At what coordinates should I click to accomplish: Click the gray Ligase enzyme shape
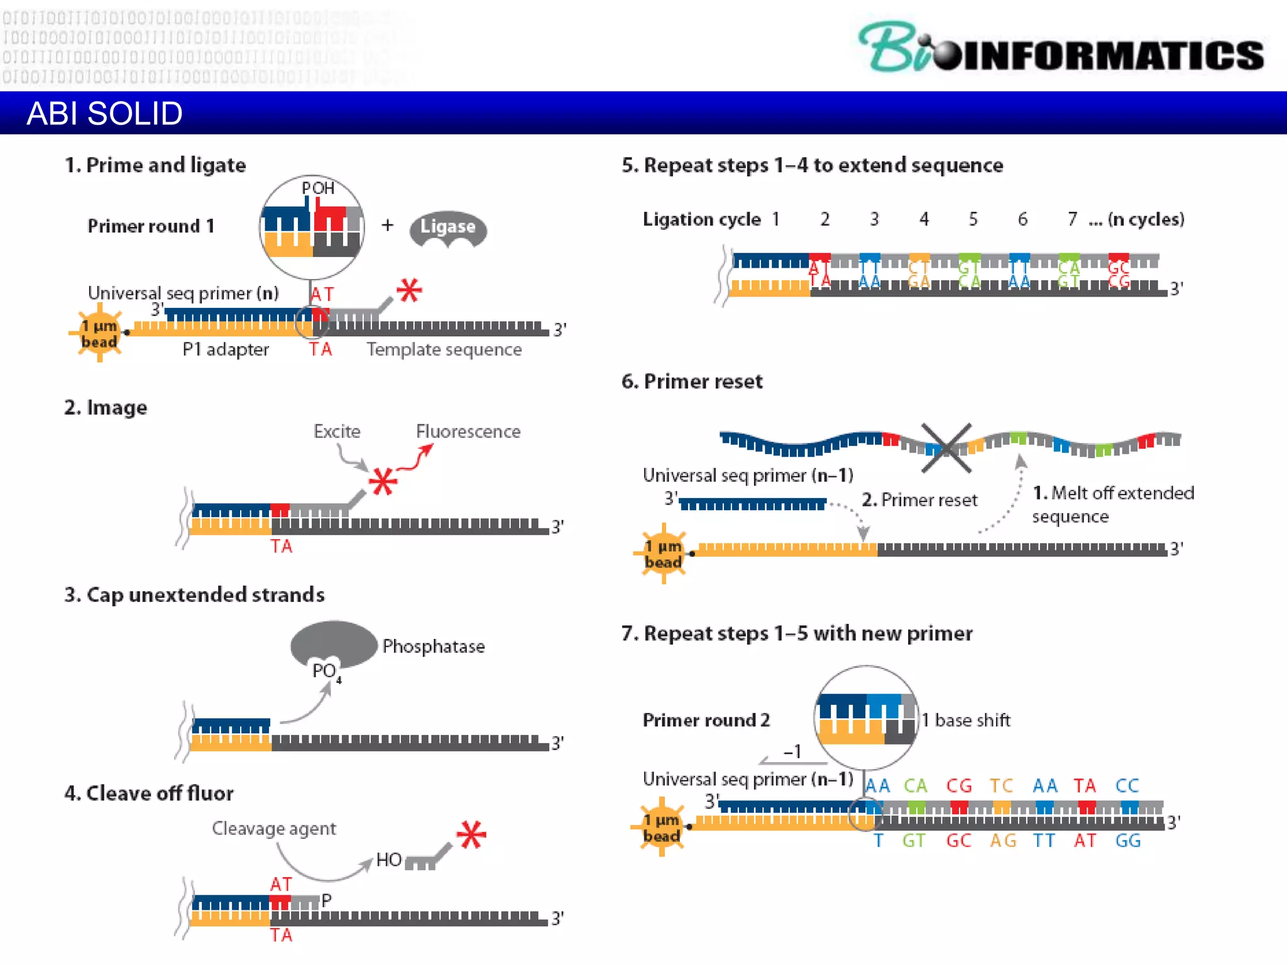[x=447, y=227]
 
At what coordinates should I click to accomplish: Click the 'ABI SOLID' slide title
[x=104, y=114]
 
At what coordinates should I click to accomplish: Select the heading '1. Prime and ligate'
[x=155, y=165]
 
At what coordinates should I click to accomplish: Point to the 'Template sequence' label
[x=444, y=349]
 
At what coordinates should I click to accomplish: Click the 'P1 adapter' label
[x=226, y=349]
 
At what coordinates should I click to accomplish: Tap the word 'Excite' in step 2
[x=337, y=432]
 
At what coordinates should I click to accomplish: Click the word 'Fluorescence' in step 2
[x=468, y=432]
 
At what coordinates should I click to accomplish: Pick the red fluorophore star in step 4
[x=471, y=835]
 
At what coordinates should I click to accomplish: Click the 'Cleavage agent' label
[x=274, y=829]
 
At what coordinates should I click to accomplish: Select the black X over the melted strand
[x=946, y=447]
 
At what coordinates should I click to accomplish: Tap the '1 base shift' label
[x=967, y=720]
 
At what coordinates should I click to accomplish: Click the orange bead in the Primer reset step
[x=663, y=553]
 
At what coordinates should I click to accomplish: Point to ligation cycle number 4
[x=924, y=219]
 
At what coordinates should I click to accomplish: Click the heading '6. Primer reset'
[x=692, y=381]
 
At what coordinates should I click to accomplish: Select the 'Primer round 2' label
[x=706, y=720]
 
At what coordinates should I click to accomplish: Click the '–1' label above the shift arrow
[x=792, y=751]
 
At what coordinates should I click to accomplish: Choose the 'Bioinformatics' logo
[x=1061, y=49]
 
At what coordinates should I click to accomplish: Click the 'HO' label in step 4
[x=388, y=860]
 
